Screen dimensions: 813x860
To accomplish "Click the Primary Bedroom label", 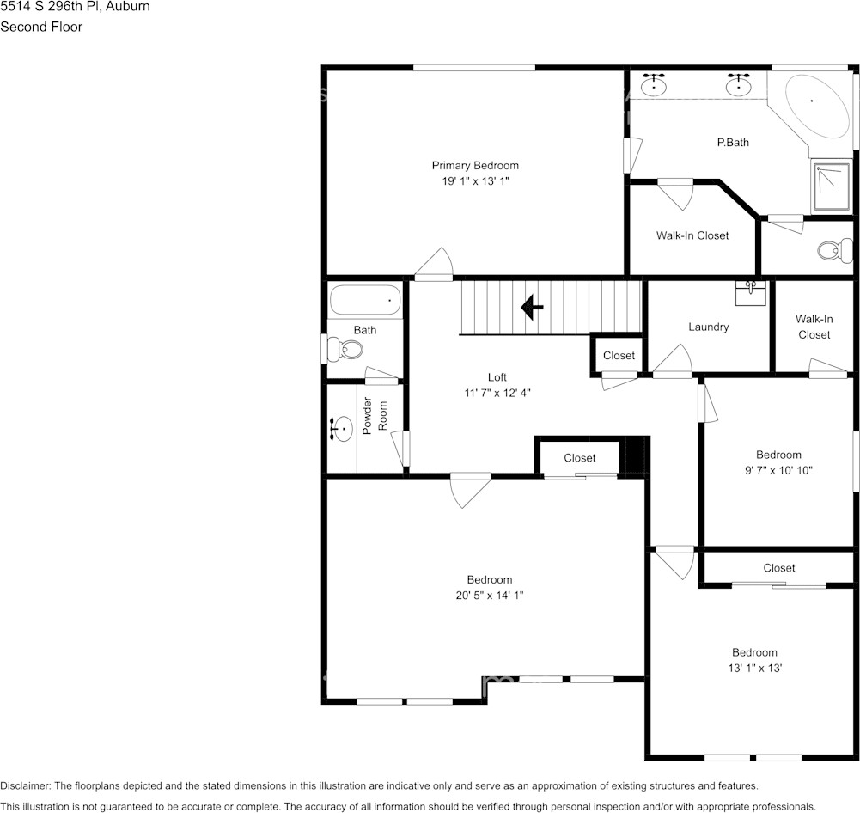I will pos(475,166).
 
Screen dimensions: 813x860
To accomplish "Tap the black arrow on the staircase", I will pos(533,307).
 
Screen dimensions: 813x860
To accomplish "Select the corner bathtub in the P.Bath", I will pos(814,106).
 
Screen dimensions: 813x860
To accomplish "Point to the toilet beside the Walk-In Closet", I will pos(830,251).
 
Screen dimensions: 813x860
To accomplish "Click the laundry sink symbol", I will pos(751,291).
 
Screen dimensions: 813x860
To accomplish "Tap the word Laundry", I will pos(709,327).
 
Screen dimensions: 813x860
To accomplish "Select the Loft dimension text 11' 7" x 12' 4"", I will pos(497,393).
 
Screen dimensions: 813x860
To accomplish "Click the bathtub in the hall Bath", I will pos(365,301).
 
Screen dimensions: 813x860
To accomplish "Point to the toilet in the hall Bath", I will pos(347,349).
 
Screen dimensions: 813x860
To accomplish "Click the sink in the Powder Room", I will pos(342,428).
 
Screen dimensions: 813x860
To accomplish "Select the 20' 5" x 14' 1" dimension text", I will pos(490,595).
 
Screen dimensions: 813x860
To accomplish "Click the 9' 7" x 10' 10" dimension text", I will pos(778,470).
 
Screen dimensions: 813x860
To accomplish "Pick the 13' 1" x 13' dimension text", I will pos(754,668).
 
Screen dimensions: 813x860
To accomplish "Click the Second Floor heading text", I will pos(41,27).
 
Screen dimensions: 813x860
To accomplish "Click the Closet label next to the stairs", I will pos(619,356).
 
